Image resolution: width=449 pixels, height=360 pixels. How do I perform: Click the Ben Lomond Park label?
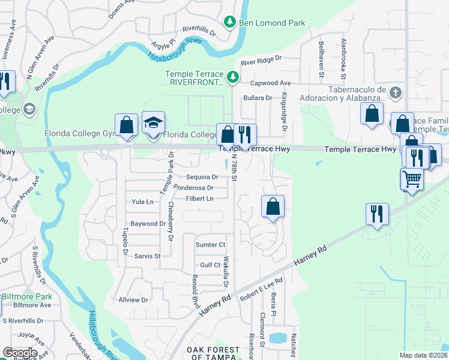271,23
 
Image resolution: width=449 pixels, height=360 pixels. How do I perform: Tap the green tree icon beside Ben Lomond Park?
229,23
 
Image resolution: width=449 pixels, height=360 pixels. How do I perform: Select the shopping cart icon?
411,179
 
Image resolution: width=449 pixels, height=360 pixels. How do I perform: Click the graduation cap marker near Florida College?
153,123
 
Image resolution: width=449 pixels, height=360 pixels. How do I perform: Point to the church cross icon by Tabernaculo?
394,92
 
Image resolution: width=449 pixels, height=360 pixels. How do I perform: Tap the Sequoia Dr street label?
202,177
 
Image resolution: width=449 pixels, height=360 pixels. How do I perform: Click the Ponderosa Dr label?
193,188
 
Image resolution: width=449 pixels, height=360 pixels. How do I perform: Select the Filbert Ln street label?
201,199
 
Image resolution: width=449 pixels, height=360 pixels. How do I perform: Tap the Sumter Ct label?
210,245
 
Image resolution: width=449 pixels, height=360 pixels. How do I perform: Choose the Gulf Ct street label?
210,265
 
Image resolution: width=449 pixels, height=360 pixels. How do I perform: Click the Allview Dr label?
133,299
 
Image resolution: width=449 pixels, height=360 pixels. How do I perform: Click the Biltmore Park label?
27,296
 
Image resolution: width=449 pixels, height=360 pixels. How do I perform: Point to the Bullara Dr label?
258,98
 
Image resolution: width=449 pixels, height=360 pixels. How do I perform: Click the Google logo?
20,353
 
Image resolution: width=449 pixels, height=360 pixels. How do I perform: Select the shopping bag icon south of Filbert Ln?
273,207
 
